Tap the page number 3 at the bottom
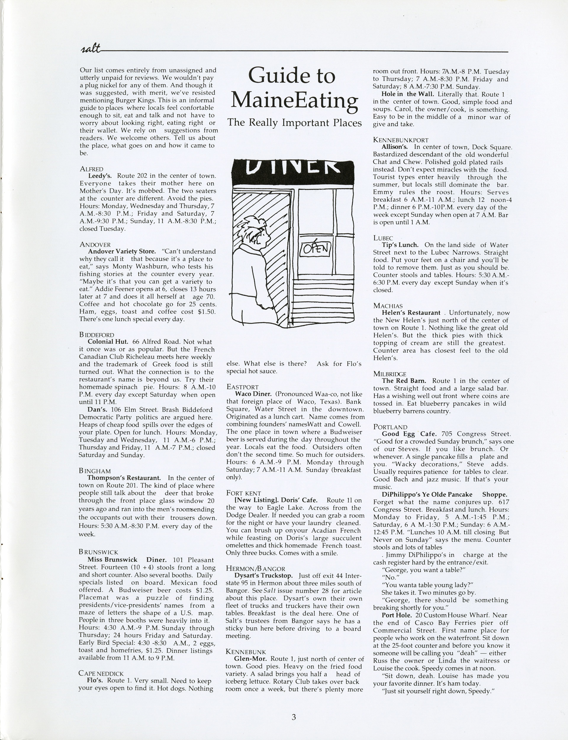pos(293,717)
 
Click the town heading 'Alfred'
pos(92,169)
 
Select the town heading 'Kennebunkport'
pos(401,140)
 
